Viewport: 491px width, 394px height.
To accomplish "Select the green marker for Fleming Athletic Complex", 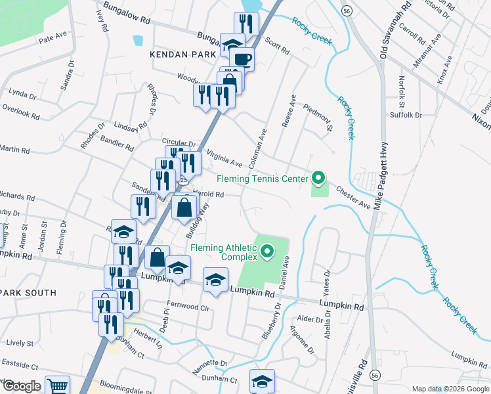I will (x=267, y=251).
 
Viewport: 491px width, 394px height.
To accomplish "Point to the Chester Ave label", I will (x=354, y=197).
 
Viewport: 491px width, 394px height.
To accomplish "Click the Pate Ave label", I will (x=53, y=39).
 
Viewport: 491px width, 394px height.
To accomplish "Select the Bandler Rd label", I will (x=117, y=142).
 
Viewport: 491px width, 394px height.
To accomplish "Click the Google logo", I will (x=22, y=386).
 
